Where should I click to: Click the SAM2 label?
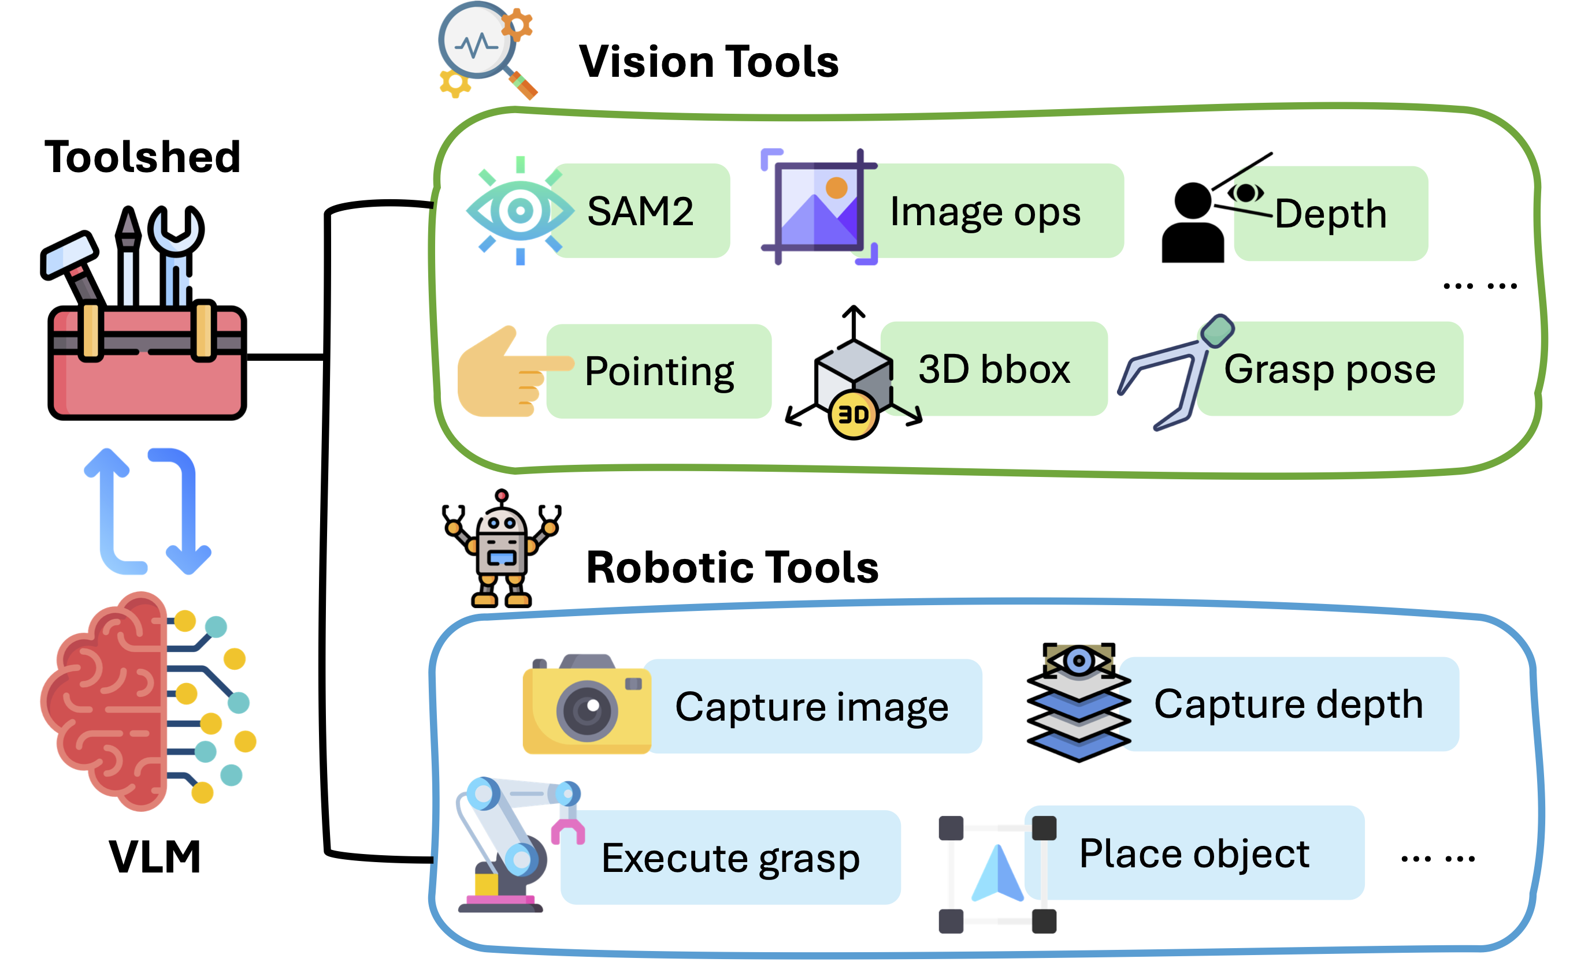coord(640,211)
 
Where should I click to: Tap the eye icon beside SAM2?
coord(520,210)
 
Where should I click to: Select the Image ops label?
coord(985,212)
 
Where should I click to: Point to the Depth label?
coord(1330,214)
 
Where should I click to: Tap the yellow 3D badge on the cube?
coord(853,415)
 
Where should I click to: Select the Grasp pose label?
coord(1329,370)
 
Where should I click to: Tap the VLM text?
coord(155,857)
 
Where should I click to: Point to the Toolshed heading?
coord(142,156)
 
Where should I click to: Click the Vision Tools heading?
coord(708,62)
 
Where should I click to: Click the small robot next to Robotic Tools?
coord(502,550)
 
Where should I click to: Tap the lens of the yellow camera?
coord(587,710)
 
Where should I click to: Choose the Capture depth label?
coord(1287,704)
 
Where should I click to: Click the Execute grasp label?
coord(730,859)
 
